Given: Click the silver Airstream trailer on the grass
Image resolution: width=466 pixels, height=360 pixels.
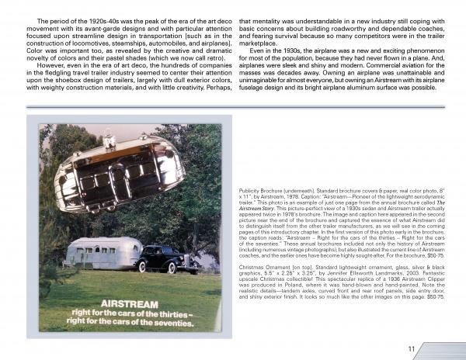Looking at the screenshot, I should click(x=103, y=253).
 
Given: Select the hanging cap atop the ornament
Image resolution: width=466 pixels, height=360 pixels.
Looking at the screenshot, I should click(x=109, y=140).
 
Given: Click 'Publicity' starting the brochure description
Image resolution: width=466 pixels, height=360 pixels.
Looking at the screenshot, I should click(x=252, y=189).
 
